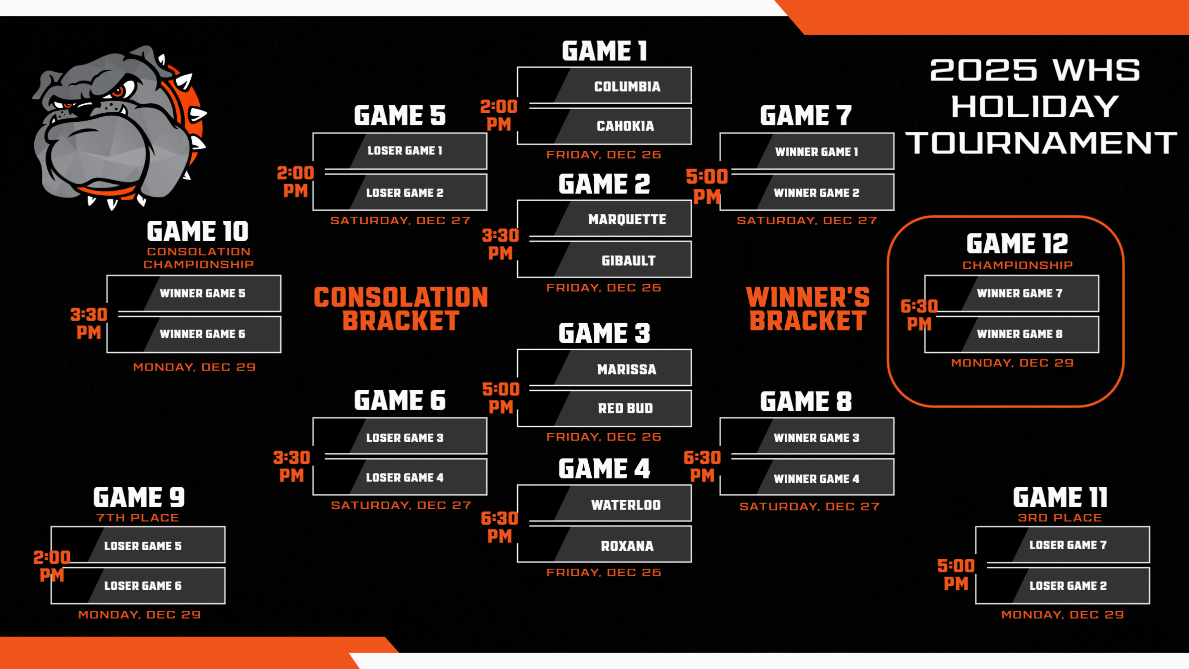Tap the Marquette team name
[627, 219]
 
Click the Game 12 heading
[1017, 244]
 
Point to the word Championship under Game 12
[1017, 265]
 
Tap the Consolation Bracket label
[400, 309]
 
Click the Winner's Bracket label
[808, 309]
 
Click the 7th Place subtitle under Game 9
[137, 517]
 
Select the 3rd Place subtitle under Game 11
[1060, 517]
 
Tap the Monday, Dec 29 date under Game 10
[194, 367]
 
